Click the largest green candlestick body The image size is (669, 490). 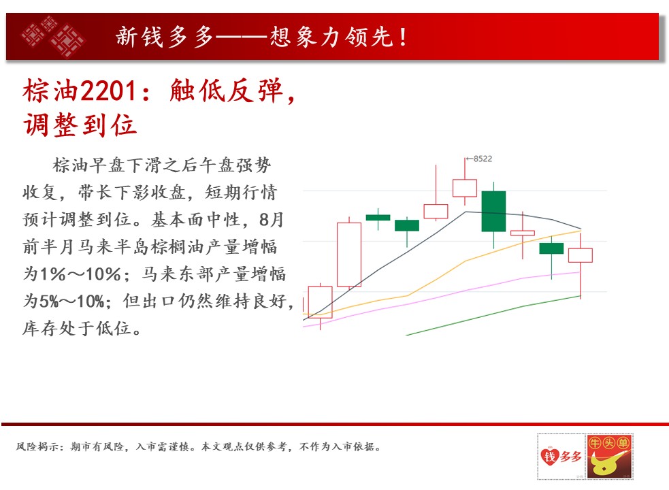[x=493, y=211]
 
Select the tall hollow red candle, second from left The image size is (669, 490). [x=349, y=255]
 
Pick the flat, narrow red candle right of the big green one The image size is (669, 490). [x=523, y=233]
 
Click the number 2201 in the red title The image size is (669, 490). [x=108, y=91]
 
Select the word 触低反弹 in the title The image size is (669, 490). [x=226, y=91]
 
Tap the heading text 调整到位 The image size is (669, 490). [x=80, y=125]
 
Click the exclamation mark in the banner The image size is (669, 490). [x=403, y=36]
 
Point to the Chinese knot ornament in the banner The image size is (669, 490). [x=53, y=36]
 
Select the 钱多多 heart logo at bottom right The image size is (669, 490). [x=561, y=456]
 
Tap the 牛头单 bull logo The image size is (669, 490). [x=609, y=456]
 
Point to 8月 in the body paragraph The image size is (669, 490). [x=271, y=219]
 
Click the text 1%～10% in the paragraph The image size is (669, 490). [x=80, y=274]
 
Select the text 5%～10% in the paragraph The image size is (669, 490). [x=71, y=301]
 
